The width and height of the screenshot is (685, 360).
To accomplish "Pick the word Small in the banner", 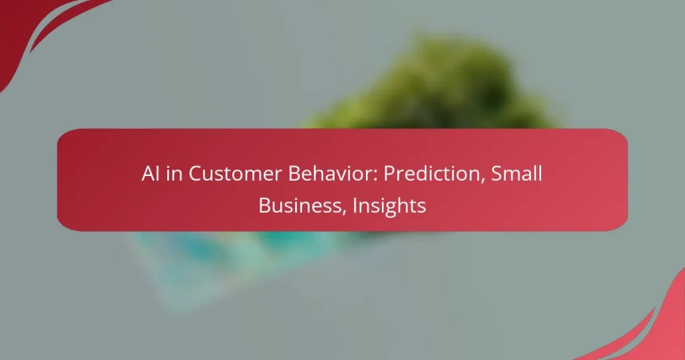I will (516, 174).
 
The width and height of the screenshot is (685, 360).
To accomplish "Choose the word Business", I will (297, 206).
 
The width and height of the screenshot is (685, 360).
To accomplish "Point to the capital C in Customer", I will (194, 174).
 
